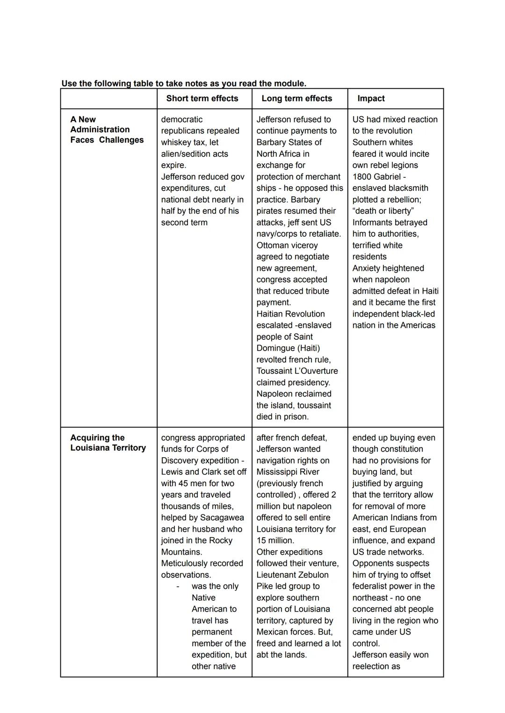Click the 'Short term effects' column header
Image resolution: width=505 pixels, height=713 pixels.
[x=202, y=98]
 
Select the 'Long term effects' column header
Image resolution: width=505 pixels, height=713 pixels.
[x=296, y=98]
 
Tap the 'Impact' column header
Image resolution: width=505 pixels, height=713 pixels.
[x=371, y=98]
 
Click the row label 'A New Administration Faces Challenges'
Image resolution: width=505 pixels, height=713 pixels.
[x=107, y=130]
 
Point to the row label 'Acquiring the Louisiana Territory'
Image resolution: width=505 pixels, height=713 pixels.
[x=108, y=443]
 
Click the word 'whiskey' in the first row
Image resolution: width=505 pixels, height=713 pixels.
[x=176, y=142]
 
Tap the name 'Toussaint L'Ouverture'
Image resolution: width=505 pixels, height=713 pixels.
[x=297, y=371]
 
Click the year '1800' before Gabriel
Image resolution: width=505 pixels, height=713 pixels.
[x=363, y=177]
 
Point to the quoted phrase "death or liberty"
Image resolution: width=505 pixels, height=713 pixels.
[x=383, y=211]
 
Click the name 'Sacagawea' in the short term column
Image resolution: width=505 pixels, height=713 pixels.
[x=222, y=518]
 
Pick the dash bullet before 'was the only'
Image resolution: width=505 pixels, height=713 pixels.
[x=178, y=586]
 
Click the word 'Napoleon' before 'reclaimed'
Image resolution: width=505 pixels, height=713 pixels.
[x=275, y=394]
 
